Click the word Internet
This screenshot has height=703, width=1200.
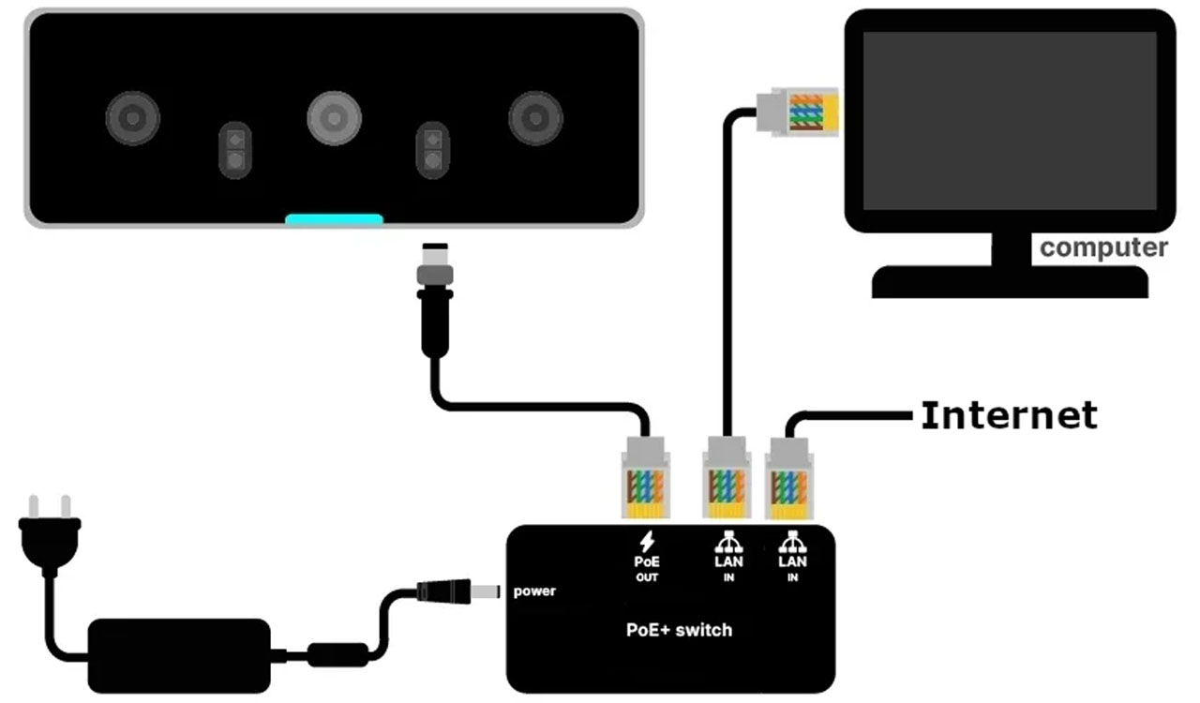1009,414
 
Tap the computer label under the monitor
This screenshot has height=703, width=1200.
1103,248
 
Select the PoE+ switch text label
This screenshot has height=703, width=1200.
679,630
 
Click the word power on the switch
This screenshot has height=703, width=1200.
534,591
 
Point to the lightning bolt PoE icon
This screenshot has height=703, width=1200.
647,541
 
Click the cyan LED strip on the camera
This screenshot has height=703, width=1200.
335,219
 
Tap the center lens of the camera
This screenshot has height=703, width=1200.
334,118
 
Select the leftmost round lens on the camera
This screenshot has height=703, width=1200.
133,118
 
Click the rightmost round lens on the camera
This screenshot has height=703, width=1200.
535,118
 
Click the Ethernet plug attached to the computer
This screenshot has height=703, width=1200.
797,112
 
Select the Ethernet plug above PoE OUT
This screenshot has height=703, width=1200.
645,478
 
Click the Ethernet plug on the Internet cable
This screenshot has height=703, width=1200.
788,478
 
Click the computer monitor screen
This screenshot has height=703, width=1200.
1009,120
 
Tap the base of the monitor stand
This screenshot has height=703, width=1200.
1009,281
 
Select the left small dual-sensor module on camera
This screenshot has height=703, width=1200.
235,150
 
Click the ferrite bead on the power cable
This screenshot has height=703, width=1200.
337,652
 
